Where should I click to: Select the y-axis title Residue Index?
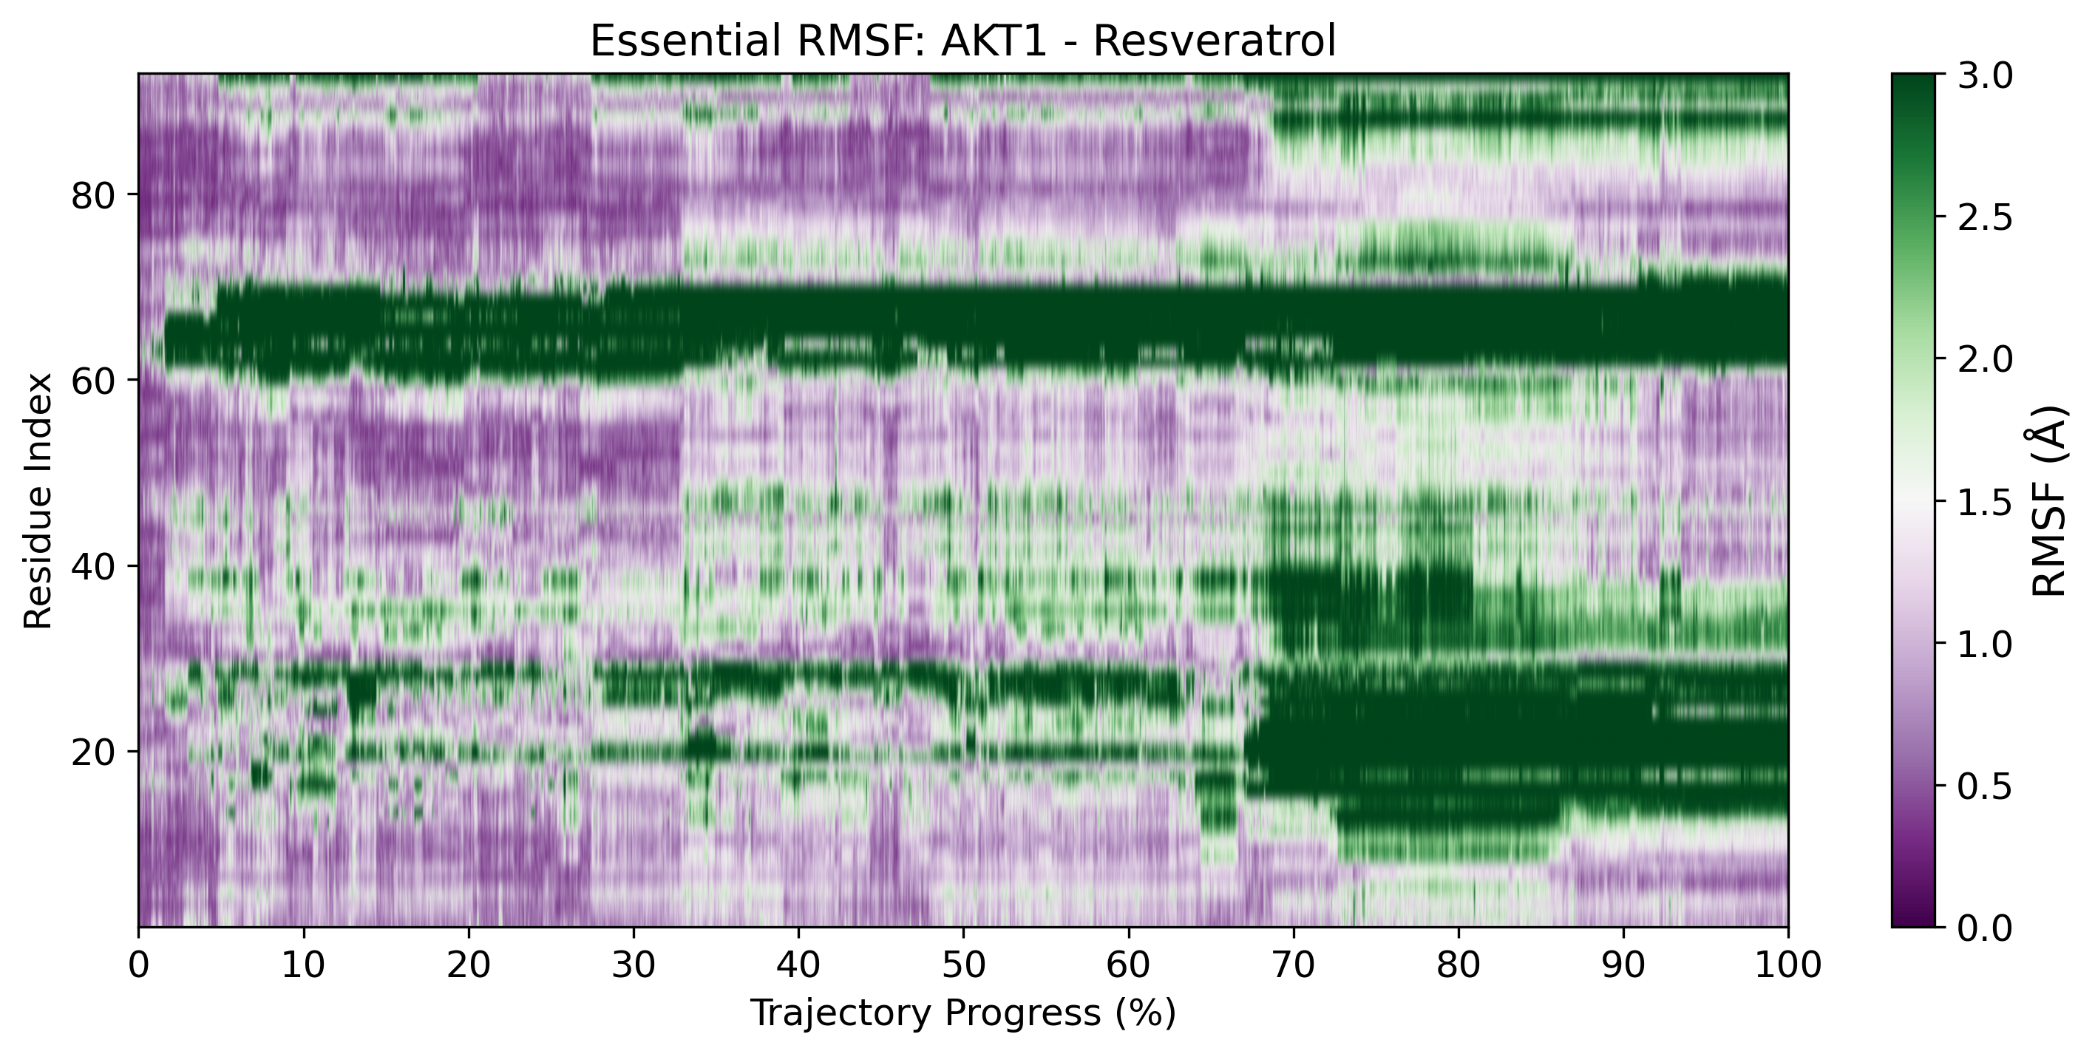point(38,501)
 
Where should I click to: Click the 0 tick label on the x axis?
point(138,966)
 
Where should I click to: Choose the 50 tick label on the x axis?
point(963,966)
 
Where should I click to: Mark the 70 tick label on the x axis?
point(1293,966)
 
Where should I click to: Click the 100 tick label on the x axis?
point(1787,966)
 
